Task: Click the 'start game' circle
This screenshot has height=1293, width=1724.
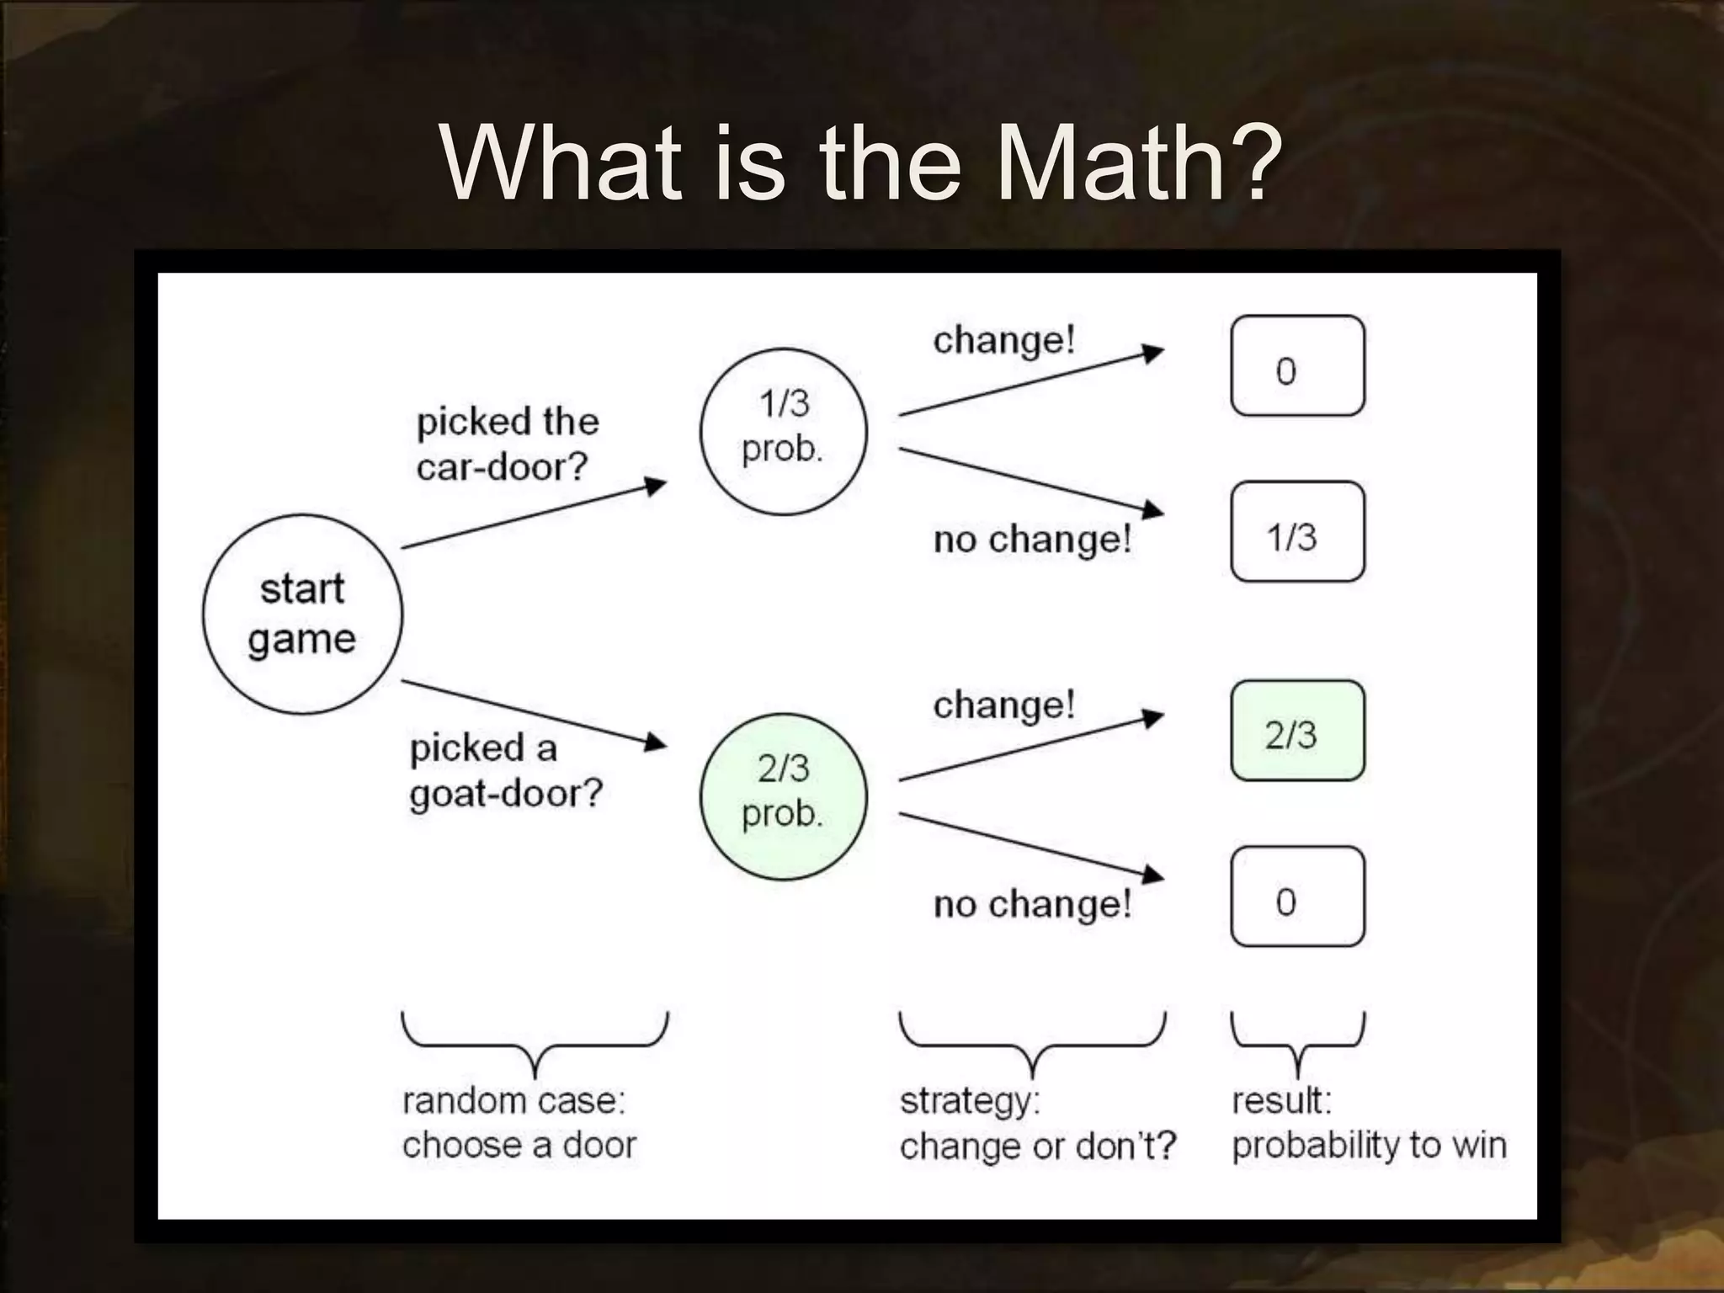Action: pyautogui.click(x=302, y=615)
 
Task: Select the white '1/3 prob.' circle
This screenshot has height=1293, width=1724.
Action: pyautogui.click(x=783, y=431)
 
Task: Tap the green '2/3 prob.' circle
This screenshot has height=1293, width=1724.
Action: pyautogui.click(x=783, y=796)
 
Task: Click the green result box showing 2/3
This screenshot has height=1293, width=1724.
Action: pyautogui.click(x=1297, y=731)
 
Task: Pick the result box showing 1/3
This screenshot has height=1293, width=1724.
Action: pyautogui.click(x=1297, y=532)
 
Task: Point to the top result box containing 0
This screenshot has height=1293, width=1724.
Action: pyautogui.click(x=1297, y=366)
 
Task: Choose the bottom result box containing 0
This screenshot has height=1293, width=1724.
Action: pyautogui.click(x=1297, y=897)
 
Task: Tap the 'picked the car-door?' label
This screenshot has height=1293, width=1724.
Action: pyautogui.click(x=507, y=444)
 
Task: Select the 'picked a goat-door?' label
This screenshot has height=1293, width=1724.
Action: pyautogui.click(x=505, y=770)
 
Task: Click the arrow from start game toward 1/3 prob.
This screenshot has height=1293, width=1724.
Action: pyautogui.click(x=534, y=515)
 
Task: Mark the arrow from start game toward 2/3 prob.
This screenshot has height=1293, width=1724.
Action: pyautogui.click(x=534, y=713)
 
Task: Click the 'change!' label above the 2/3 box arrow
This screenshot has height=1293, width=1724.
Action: pyautogui.click(x=1003, y=705)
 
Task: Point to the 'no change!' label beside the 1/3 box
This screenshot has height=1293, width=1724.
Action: pyautogui.click(x=1032, y=539)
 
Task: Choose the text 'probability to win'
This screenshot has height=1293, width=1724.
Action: pyautogui.click(x=1369, y=1146)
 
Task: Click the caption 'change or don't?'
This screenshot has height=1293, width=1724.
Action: pyautogui.click(x=1037, y=1146)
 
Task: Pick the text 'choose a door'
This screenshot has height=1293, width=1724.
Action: pyautogui.click(x=519, y=1146)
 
